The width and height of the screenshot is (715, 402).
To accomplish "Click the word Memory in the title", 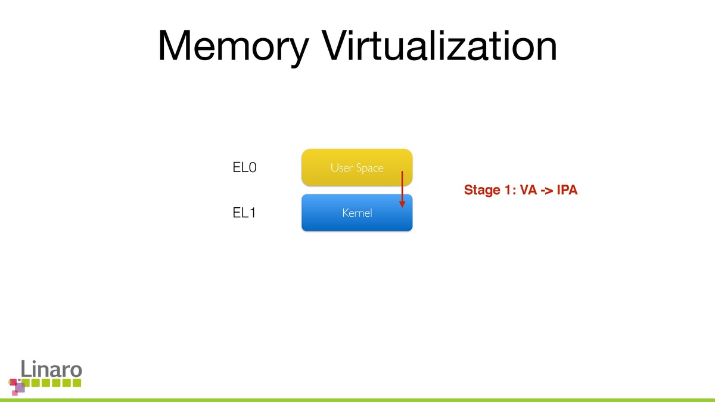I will (234, 46).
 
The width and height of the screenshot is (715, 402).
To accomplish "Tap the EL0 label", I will (244, 168).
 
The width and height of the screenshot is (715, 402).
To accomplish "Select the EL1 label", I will (244, 212).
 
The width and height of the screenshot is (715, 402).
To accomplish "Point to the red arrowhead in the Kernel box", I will (402, 203).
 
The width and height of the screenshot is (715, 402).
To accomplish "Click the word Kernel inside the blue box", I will (357, 213).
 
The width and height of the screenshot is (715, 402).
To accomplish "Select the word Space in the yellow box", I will (369, 168).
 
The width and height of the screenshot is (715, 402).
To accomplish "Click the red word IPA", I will (567, 191).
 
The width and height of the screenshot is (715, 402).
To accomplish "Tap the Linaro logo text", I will (51, 369).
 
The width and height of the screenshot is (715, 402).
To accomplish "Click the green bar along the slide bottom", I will (357, 400).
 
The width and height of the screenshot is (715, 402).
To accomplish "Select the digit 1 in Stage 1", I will (508, 191).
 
